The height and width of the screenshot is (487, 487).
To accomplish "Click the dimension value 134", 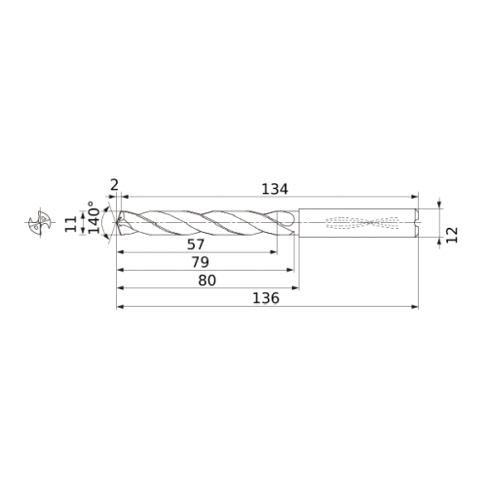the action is (275, 189).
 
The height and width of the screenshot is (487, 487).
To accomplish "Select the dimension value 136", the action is (266, 298).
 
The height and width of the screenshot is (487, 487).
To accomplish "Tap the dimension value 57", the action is (196, 244).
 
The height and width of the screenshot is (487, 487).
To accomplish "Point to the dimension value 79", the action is (201, 262).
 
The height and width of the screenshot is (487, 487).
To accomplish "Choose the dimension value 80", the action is (207, 281).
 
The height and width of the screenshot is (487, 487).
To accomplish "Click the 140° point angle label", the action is (94, 217).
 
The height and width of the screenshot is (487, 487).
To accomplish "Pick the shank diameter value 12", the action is (452, 235).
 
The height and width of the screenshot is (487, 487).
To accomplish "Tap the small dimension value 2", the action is (114, 185).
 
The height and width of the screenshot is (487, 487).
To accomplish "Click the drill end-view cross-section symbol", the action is (41, 223).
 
